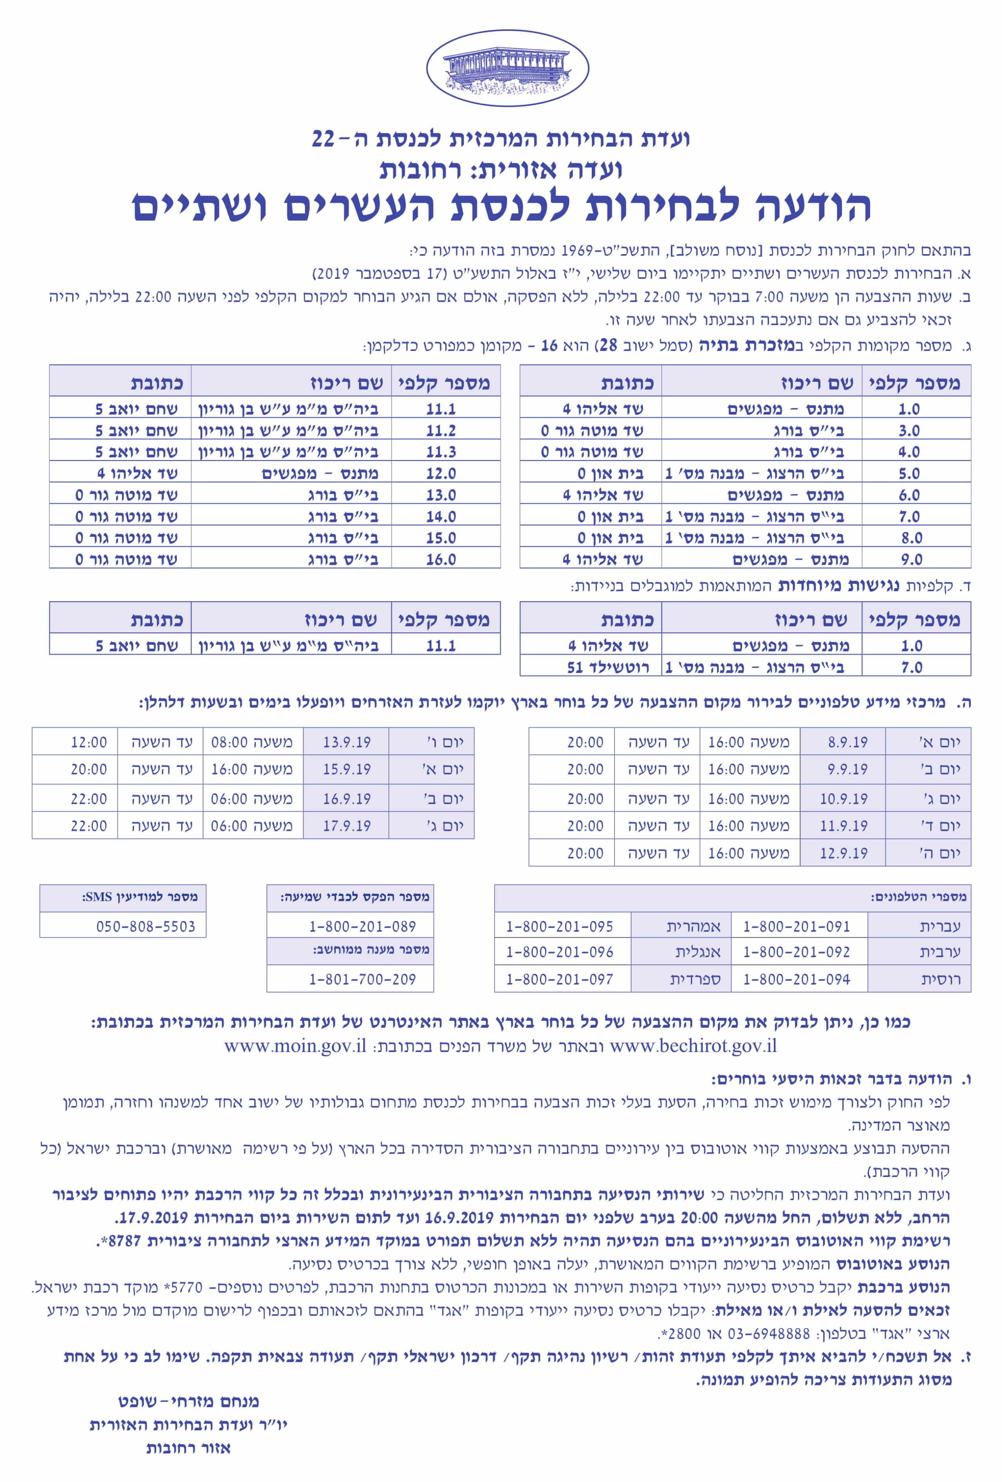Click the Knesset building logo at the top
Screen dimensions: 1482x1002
click(507, 68)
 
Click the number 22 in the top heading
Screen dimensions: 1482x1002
click(323, 138)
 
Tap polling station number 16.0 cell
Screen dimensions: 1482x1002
click(441, 559)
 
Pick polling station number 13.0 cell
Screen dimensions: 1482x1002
click(441, 495)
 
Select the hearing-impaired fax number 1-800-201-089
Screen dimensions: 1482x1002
click(362, 926)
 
